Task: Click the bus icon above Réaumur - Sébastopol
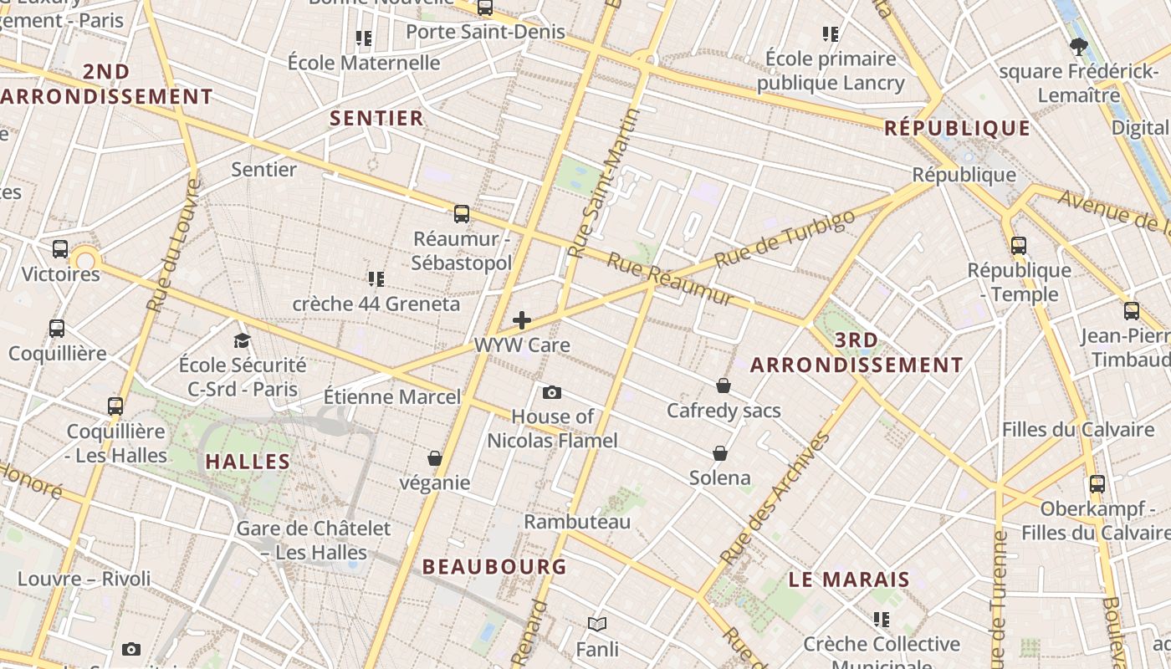coord(462,214)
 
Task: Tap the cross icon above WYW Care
coord(522,320)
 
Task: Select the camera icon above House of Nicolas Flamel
coord(552,392)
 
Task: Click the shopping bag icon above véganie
coord(435,458)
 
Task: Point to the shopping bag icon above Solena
coord(720,453)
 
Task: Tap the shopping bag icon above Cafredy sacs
coord(724,386)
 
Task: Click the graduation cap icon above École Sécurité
coord(243,340)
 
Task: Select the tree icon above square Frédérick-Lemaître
coord(1078,47)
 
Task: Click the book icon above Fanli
coord(597,624)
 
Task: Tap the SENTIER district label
coord(377,118)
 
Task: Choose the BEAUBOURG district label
coord(494,566)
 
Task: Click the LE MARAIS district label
coord(849,580)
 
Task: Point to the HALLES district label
coord(248,461)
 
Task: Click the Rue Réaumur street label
coord(670,279)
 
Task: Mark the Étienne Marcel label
coord(392,396)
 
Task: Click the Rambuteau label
coord(577,521)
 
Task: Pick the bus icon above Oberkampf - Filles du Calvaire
coord(1097,483)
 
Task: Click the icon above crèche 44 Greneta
coord(376,278)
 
